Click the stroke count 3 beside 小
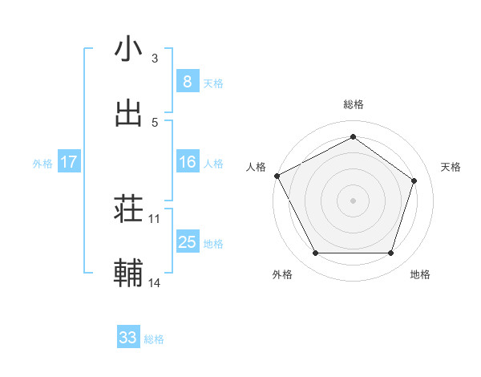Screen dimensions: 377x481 pyautogui.click(x=155, y=59)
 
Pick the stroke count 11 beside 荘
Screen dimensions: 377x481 pyautogui.click(x=155, y=218)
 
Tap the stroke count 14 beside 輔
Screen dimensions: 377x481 pyautogui.click(x=155, y=282)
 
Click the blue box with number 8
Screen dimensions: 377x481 pyautogui.click(x=187, y=81)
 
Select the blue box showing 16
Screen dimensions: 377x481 pyautogui.click(x=187, y=162)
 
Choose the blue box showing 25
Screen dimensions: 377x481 pyautogui.click(x=187, y=242)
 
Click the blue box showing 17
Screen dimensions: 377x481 pyautogui.click(x=68, y=162)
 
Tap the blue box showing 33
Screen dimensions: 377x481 pyautogui.click(x=128, y=338)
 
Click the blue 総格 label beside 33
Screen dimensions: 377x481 pyautogui.click(x=154, y=339)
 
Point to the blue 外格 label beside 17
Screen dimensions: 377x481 pyautogui.click(x=42, y=164)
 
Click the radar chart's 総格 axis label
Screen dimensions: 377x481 pyautogui.click(x=353, y=104)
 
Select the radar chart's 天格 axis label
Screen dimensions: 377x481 pyautogui.click(x=451, y=167)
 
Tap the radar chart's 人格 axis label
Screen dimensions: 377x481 pyautogui.click(x=256, y=167)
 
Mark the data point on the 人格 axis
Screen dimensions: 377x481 pyautogui.click(x=277, y=175)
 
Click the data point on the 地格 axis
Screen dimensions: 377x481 pyautogui.click(x=390, y=253)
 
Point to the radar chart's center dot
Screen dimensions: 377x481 pyautogui.click(x=353, y=200)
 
